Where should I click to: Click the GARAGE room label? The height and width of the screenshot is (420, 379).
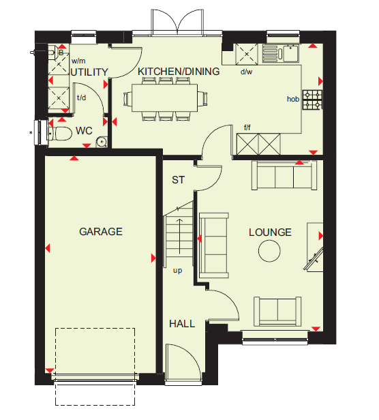pos(101,232)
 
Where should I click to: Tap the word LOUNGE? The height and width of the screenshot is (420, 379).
pos(270,232)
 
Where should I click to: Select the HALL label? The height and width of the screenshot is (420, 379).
pos(182,324)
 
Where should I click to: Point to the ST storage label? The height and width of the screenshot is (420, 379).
pos(178,180)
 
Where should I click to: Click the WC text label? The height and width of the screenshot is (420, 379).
pos(84,131)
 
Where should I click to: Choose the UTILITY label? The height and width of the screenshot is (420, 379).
pos(89,72)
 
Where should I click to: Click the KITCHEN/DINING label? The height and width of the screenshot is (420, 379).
pos(179,72)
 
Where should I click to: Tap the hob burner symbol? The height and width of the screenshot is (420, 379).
pos(313,100)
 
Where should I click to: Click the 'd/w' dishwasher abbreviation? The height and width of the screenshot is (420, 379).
pos(246,72)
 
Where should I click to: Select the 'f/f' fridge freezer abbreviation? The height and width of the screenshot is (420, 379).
pos(247,127)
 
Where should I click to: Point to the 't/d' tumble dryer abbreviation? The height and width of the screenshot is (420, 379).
pos(81,97)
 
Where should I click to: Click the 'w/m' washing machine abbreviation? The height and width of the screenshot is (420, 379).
pos(78,61)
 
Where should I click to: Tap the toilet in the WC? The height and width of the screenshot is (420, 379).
pos(60,134)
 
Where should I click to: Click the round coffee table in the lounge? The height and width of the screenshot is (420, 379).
pos(269,251)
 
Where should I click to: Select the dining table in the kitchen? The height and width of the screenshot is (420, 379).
pos(165,97)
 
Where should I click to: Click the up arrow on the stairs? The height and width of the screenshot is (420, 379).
pos(179,236)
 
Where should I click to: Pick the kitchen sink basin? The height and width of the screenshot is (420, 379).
pos(291,54)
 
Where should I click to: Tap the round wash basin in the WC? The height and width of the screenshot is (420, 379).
pos(102,142)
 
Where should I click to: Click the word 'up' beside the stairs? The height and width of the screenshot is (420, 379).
pos(178,271)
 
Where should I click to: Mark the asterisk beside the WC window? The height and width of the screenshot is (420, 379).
pos(31,132)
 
